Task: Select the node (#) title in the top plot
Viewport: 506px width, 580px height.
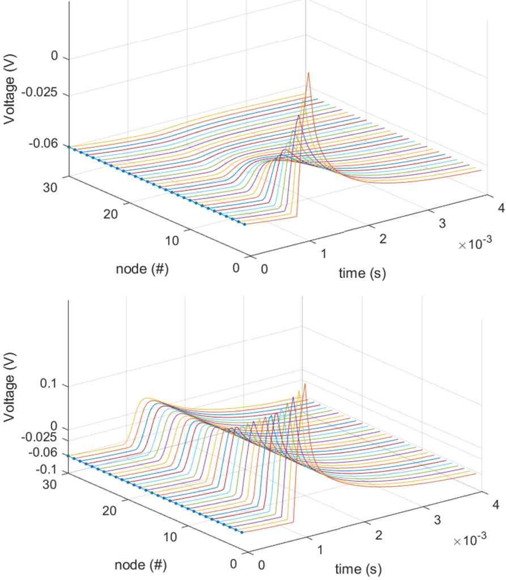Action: tap(142, 269)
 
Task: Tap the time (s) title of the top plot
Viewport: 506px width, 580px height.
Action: tap(362, 274)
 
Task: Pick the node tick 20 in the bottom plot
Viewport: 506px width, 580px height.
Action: tap(110, 510)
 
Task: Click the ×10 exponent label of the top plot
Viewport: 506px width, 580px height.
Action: tap(474, 243)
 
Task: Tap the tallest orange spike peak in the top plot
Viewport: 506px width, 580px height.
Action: tap(309, 72)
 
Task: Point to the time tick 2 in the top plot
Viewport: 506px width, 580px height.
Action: tap(382, 238)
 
